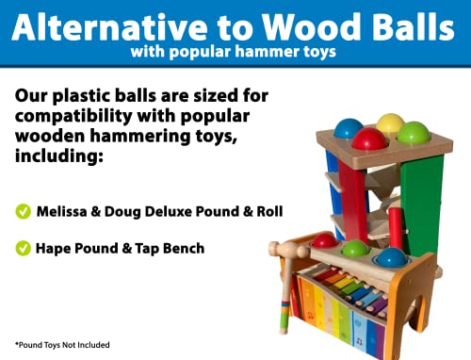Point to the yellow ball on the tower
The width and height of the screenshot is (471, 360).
pos(389,123)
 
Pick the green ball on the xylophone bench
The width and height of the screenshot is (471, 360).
pos(354,250)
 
